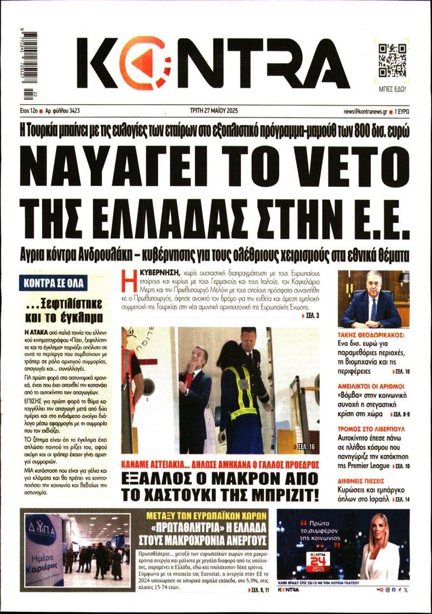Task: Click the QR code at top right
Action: pyautogui.click(x=392, y=59)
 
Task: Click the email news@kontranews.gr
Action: pyautogui.click(x=364, y=111)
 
